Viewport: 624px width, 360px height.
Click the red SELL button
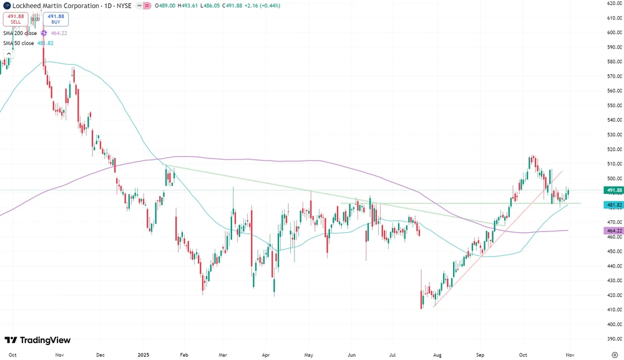(x=16, y=19)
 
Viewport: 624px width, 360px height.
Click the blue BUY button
(x=56, y=19)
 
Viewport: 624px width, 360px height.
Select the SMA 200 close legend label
(x=20, y=33)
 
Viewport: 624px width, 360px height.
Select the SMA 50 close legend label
(x=19, y=43)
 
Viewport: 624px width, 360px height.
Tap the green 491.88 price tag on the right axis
(x=614, y=190)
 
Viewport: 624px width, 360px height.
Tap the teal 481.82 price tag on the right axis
(x=614, y=205)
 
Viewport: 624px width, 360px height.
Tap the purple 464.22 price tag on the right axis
(x=614, y=231)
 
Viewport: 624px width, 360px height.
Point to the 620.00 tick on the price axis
(x=614, y=3)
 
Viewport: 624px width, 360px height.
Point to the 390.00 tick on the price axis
(x=614, y=339)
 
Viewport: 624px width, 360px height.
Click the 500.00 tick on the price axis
(x=614, y=178)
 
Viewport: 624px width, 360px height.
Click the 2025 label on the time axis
(x=144, y=354)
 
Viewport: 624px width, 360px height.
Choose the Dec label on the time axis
(x=100, y=354)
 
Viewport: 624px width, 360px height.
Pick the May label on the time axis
(x=308, y=354)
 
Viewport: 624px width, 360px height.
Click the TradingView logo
(x=37, y=340)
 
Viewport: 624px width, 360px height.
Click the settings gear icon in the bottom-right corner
(x=615, y=354)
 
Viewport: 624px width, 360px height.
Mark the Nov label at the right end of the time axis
(x=570, y=354)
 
